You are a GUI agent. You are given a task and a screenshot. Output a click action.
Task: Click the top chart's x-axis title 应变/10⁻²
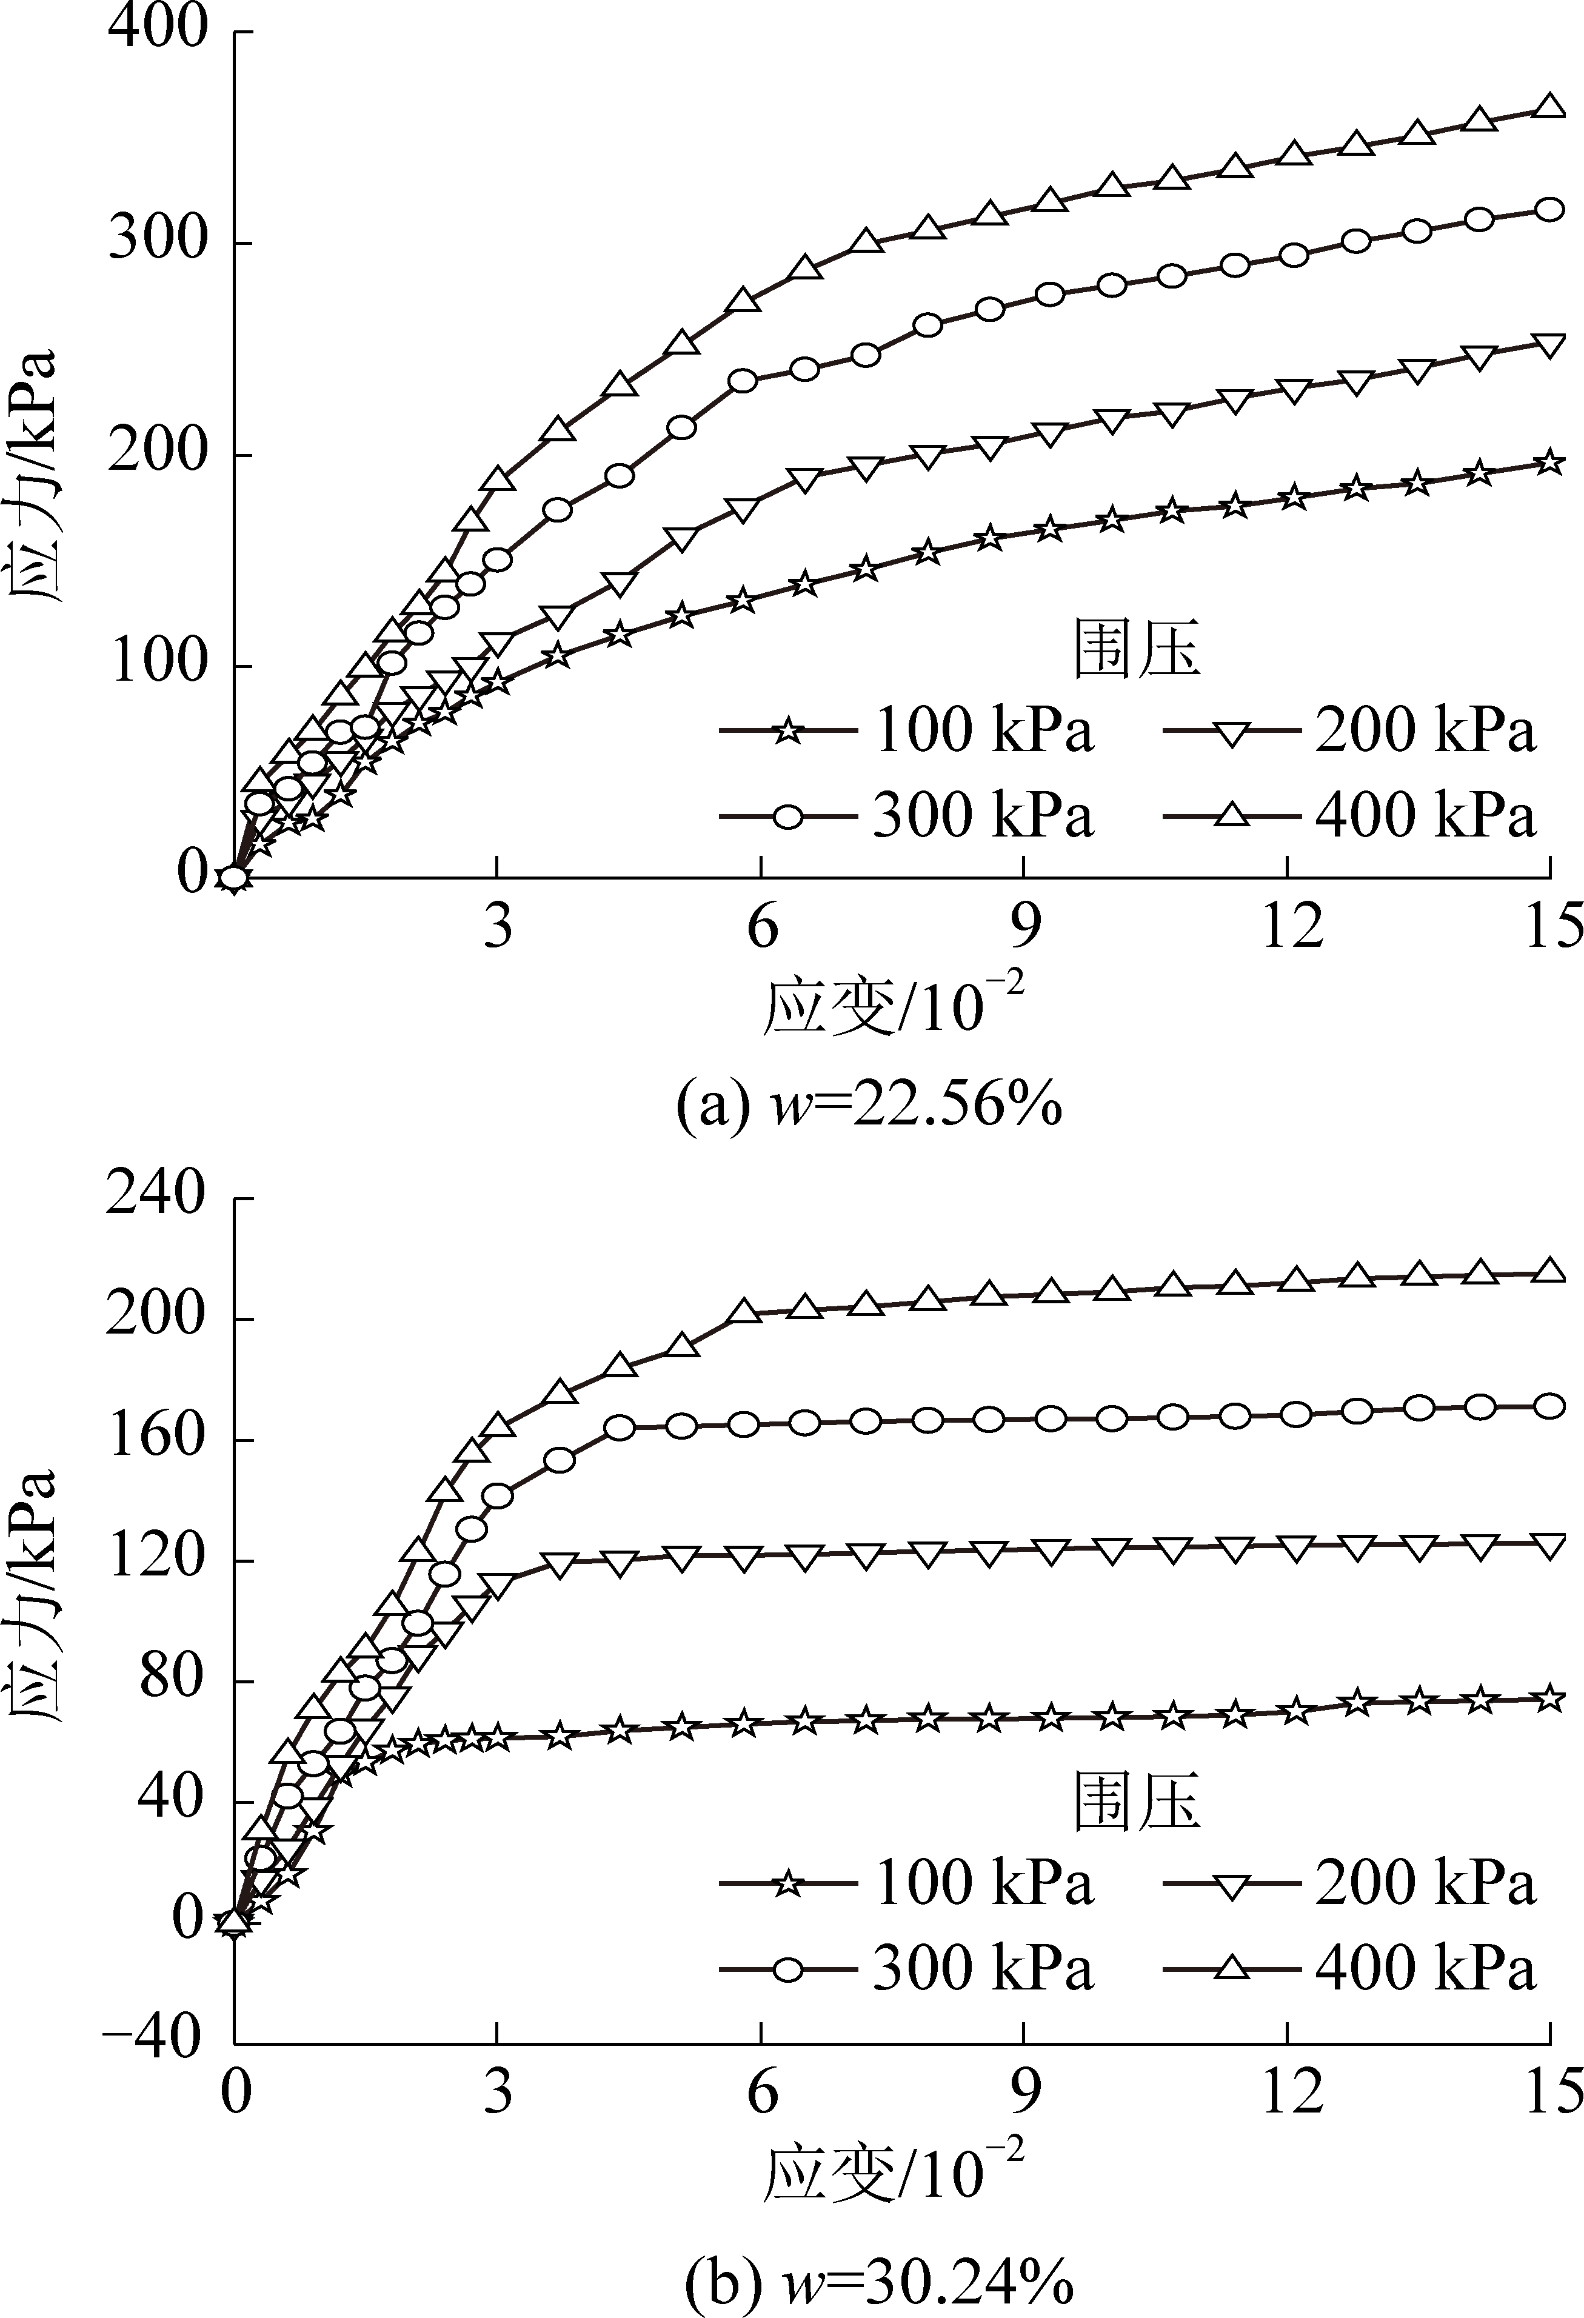click(893, 1007)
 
